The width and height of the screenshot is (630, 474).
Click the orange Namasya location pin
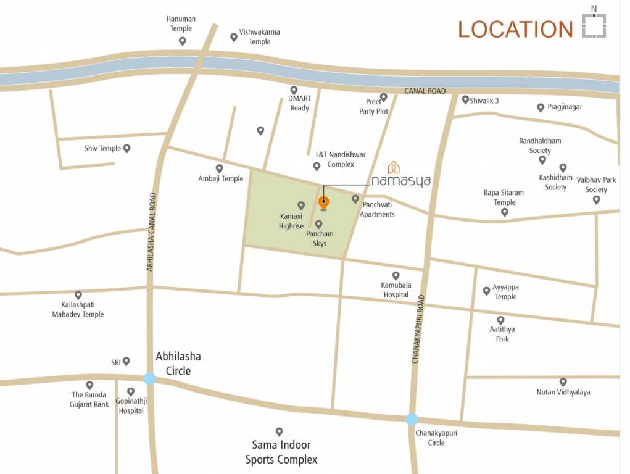click(x=323, y=202)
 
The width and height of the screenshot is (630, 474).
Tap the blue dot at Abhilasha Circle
click(x=149, y=378)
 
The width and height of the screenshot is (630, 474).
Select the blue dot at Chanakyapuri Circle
click(x=412, y=419)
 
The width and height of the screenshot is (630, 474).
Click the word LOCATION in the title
click(x=515, y=29)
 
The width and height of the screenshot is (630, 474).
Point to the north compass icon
click(x=594, y=25)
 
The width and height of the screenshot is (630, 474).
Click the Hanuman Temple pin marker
click(x=182, y=41)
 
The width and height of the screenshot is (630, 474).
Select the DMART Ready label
click(x=299, y=103)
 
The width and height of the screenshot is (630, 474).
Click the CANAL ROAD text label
click(x=425, y=91)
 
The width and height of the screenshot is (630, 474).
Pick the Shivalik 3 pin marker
click(x=465, y=99)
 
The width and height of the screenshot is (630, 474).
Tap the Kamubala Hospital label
click(x=396, y=289)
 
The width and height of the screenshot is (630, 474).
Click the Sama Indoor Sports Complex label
click(x=281, y=452)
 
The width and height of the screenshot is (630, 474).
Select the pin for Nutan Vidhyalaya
click(x=563, y=382)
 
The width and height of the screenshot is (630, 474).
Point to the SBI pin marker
click(x=126, y=361)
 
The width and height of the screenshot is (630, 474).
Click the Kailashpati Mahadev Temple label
click(x=78, y=309)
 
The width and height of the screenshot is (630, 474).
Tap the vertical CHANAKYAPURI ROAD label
click(x=421, y=328)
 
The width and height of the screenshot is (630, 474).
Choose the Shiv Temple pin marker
click(x=126, y=148)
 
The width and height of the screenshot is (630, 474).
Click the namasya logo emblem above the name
click(x=393, y=167)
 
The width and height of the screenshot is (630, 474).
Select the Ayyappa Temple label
click(x=505, y=292)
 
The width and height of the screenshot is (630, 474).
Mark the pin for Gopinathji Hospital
click(x=131, y=391)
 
